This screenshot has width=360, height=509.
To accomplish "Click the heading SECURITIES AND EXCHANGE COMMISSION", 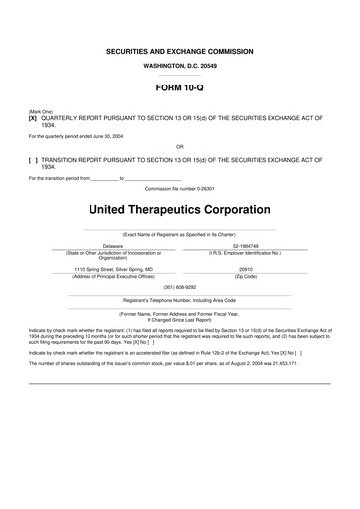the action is coord(179,51).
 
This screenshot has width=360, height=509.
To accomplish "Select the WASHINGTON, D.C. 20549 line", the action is coord(179,65).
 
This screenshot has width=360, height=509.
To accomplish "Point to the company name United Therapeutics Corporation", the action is coord(179,210).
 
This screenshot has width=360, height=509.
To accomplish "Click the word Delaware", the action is coord(112,245).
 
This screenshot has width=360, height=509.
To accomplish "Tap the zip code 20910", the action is coord(246,268).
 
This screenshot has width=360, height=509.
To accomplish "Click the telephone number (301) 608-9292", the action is coord(179,287).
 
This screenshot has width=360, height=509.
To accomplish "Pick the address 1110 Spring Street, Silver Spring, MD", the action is coord(112,268).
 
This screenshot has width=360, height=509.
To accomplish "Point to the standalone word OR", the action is coord(179,147).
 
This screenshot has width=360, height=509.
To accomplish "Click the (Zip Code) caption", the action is coord(246,275).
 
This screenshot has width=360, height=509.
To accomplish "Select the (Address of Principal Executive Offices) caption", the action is coord(112,275).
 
